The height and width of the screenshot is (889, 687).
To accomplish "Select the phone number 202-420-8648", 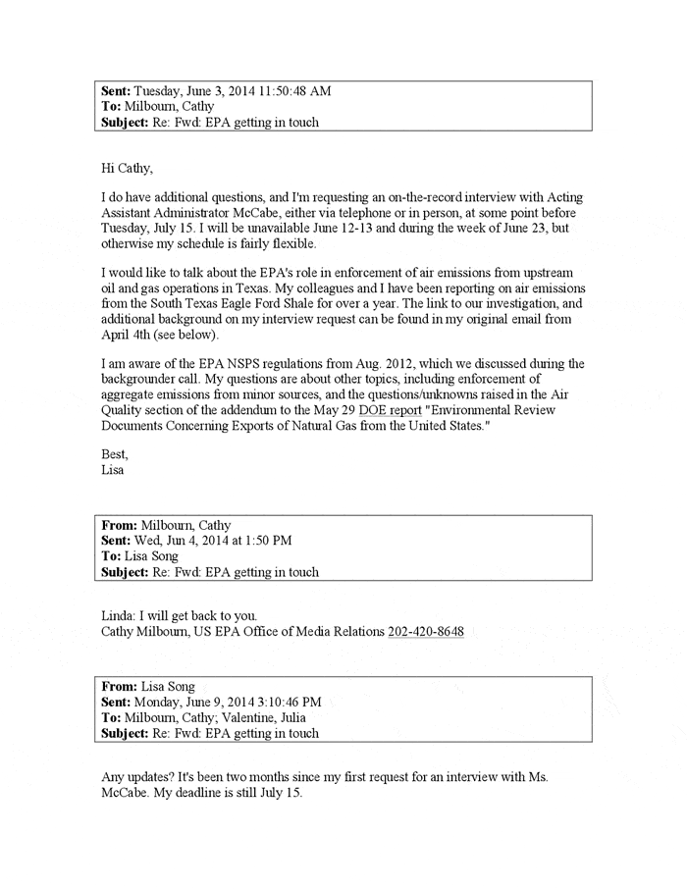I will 426,631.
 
